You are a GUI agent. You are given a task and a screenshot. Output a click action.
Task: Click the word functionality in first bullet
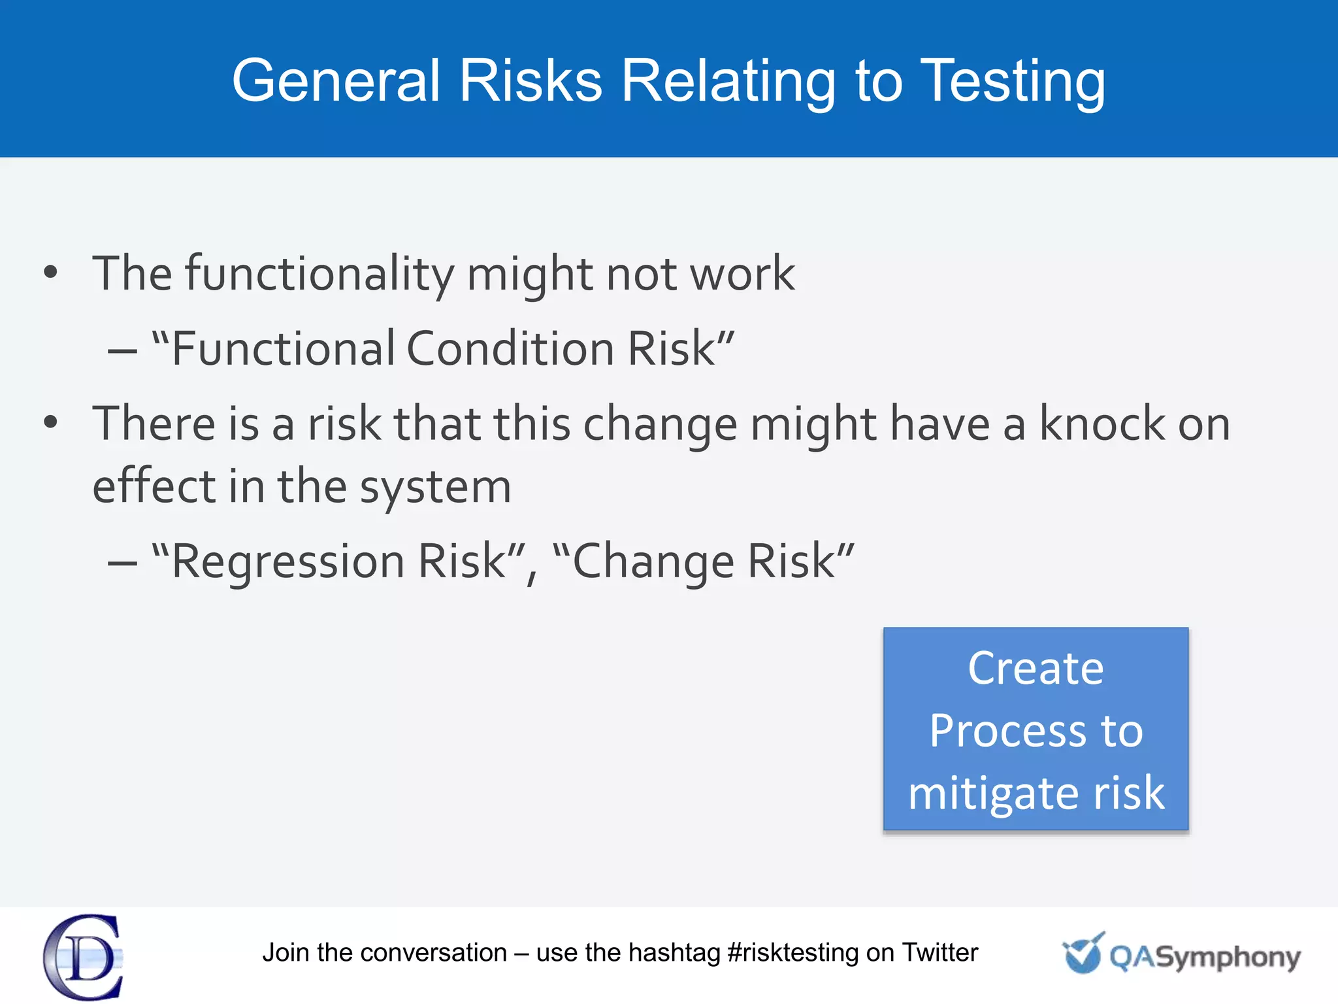pos(319,273)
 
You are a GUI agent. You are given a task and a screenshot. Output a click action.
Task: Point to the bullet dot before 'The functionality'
pos(51,273)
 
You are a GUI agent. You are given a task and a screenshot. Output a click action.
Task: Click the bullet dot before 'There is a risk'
pos(51,423)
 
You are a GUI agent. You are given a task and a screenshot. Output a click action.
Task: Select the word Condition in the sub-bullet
pos(510,348)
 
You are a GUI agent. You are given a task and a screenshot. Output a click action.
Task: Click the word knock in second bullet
pos(1101,423)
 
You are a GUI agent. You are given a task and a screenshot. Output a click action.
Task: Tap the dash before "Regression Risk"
pos(122,562)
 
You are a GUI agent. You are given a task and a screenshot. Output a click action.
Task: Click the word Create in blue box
pos(1036,668)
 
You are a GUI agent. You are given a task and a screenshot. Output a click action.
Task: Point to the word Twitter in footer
pos(940,952)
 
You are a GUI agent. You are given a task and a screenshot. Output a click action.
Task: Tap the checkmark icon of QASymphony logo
pos(1082,953)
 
